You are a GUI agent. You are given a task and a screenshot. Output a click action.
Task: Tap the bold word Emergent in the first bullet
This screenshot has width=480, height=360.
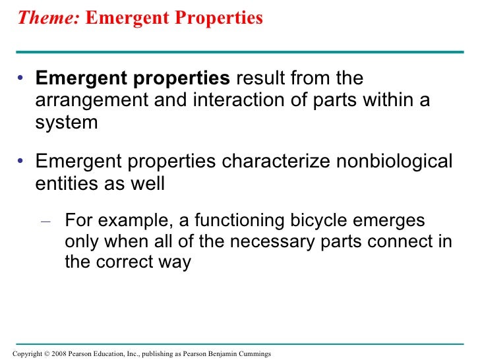tap(75, 78)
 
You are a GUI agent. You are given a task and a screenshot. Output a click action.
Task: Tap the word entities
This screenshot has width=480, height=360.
tap(64, 184)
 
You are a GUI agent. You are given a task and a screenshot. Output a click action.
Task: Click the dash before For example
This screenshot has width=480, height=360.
tap(46, 220)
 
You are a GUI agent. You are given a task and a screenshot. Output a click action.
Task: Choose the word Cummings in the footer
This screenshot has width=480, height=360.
tap(254, 354)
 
